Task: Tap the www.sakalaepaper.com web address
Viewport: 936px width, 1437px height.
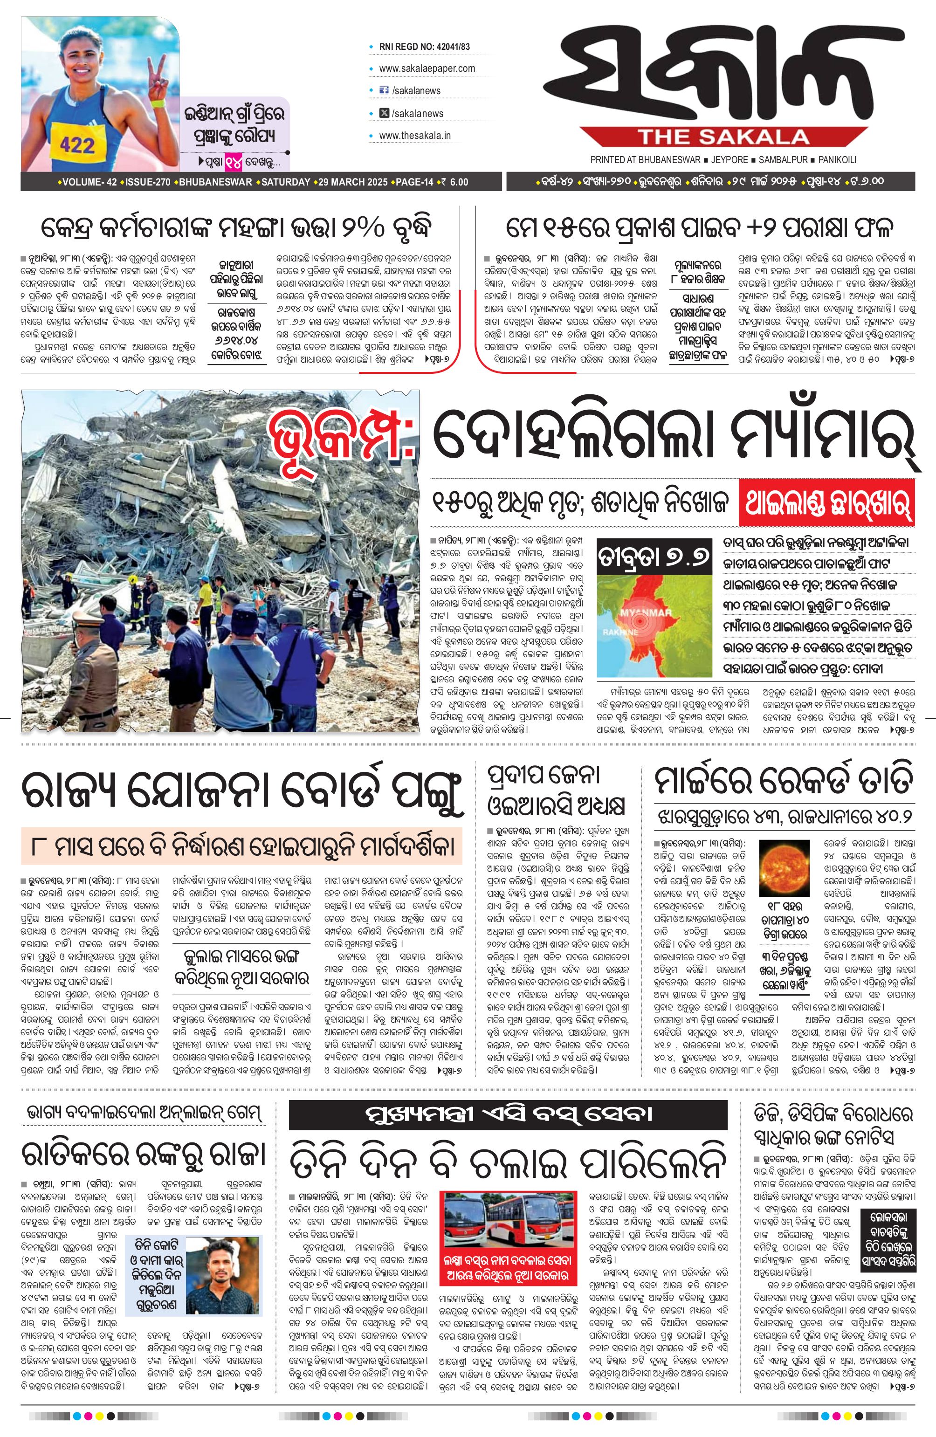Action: (x=427, y=68)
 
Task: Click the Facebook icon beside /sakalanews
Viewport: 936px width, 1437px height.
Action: (x=383, y=90)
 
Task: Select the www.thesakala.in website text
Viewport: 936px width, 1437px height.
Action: (x=415, y=136)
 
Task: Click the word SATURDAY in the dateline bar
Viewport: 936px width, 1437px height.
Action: (x=286, y=182)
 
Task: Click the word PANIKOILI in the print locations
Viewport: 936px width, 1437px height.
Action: (x=838, y=160)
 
